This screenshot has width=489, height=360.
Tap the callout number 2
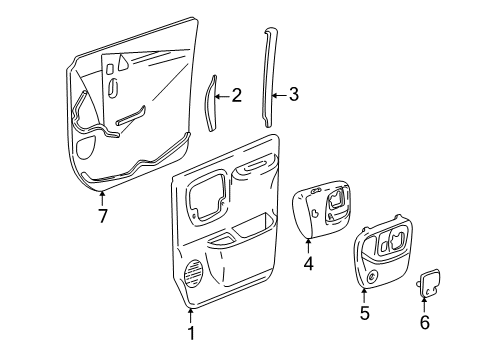[236, 96]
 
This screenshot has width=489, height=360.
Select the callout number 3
[293, 95]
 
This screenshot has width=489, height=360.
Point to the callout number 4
[308, 264]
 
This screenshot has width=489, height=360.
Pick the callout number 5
[364, 314]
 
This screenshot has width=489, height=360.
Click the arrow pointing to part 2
[224, 96]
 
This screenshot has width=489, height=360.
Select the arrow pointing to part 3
[281, 95]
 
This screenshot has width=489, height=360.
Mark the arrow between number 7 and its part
[101, 196]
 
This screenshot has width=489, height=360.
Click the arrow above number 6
[423, 304]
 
